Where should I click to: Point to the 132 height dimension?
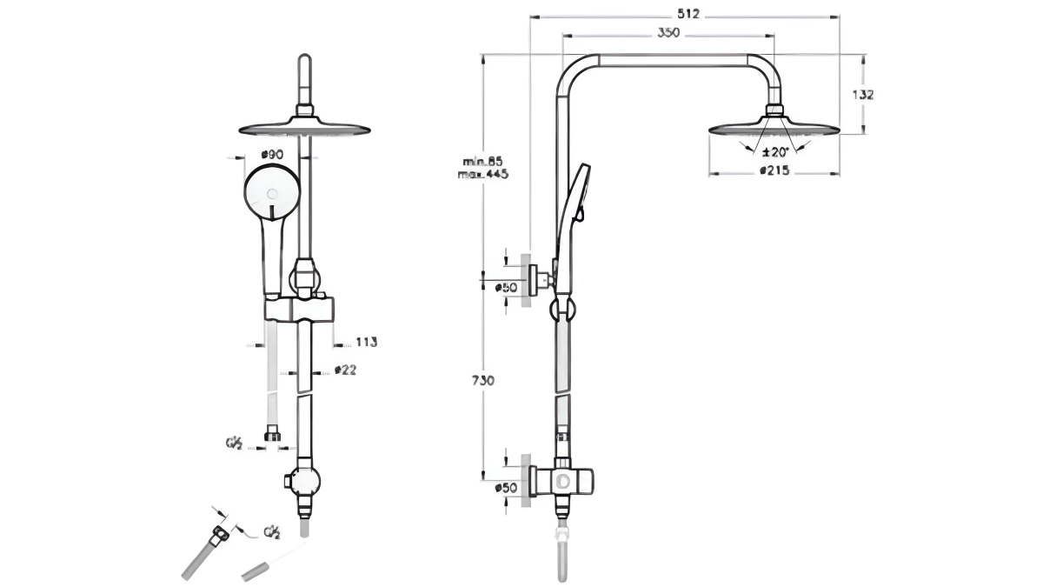[x=863, y=95]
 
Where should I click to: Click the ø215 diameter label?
[x=774, y=171]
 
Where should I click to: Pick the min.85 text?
[x=483, y=161]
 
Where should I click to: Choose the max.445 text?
[x=483, y=174]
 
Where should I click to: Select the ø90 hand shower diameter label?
[x=271, y=155]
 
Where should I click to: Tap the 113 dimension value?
[x=366, y=343]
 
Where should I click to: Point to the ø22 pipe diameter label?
[x=345, y=370]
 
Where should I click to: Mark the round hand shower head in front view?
[x=272, y=193]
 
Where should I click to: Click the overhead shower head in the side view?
[x=775, y=129]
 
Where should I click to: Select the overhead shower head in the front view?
[x=303, y=127]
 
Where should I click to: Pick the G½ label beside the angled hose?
[x=271, y=531]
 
